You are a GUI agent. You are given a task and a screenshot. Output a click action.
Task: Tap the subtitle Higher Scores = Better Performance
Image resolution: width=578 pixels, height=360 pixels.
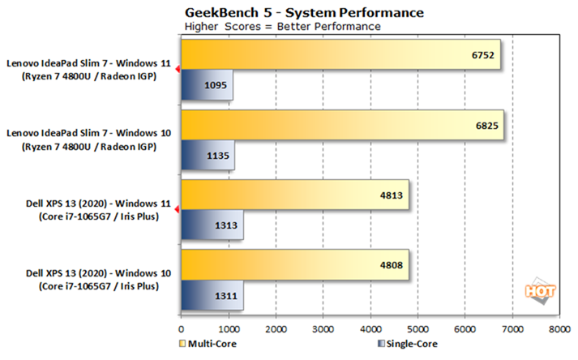point(283,26)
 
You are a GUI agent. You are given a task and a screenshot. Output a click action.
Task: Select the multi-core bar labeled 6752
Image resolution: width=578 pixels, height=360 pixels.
point(340,56)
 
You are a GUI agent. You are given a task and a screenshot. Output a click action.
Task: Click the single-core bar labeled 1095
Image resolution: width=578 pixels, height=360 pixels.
point(206,84)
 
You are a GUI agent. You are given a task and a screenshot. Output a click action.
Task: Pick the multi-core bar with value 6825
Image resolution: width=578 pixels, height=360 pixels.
point(341,126)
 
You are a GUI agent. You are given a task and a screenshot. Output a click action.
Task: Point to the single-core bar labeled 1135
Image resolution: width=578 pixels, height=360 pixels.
point(207,154)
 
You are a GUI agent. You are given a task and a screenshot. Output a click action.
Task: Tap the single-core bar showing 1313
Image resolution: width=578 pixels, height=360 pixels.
point(211,225)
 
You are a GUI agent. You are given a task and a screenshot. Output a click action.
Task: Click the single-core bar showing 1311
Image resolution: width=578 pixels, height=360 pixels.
point(211,295)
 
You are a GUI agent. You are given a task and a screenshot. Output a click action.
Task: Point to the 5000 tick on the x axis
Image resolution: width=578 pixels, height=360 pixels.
point(417,330)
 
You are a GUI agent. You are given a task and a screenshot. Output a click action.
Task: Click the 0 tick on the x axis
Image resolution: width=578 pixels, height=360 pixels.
point(181,330)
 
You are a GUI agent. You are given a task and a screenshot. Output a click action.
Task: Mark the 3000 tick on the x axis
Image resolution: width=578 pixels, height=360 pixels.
point(323,330)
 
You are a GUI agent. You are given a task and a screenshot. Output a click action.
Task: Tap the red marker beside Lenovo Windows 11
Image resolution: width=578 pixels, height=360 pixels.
point(178,70)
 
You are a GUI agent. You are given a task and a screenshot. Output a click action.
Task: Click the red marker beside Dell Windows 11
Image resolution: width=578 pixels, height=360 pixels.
point(178,210)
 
